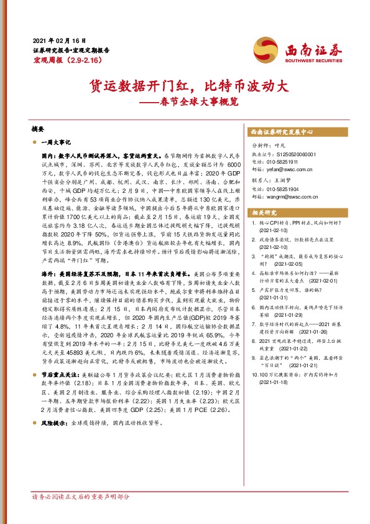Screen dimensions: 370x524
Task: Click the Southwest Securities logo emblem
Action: coord(262,47)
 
